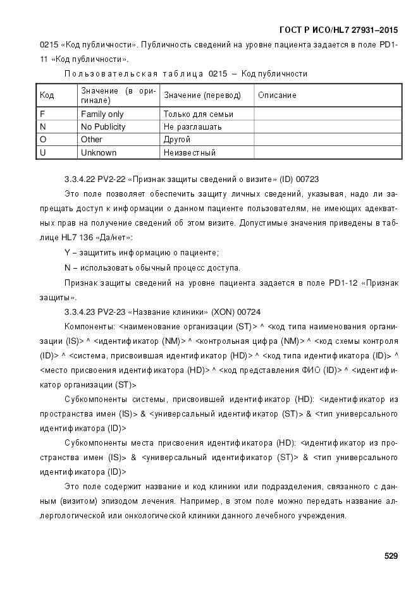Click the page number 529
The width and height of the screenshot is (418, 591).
pyautogui.click(x=391, y=556)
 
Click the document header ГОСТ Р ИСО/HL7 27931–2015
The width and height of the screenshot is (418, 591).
pyautogui.click(x=339, y=30)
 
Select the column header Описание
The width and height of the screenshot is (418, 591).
pyautogui.click(x=276, y=95)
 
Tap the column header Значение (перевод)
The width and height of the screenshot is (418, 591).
pyautogui.click(x=202, y=95)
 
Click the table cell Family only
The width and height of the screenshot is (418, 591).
pyautogui.click(x=102, y=114)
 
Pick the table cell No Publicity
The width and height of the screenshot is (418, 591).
pyautogui.click(x=103, y=127)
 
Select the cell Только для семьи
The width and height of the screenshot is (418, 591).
pyautogui.click(x=198, y=114)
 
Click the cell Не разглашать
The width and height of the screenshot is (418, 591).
pyautogui.click(x=192, y=127)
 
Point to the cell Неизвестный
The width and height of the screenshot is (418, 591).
pyautogui.click(x=189, y=153)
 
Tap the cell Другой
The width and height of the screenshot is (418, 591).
pyautogui.click(x=177, y=140)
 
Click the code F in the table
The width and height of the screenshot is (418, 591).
pyautogui.click(x=42, y=114)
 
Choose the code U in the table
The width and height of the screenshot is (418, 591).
pyautogui.click(x=43, y=153)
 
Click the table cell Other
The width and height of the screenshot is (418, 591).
pyautogui.click(x=92, y=140)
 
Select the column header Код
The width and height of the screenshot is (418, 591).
pyautogui.click(x=47, y=95)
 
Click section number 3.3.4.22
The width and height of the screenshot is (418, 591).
pyautogui.click(x=83, y=180)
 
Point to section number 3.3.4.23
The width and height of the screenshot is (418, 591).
pyautogui.click(x=83, y=312)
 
